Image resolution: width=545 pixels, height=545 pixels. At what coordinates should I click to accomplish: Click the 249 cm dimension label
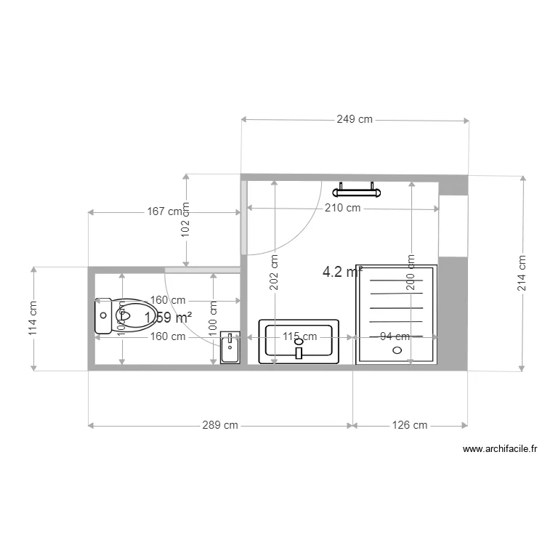tap(354, 119)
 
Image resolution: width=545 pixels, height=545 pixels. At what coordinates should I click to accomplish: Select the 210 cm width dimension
tap(343, 209)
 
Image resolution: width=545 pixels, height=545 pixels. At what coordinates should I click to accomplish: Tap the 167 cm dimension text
tap(163, 212)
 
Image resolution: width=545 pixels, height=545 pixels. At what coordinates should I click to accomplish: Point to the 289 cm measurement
tap(220, 425)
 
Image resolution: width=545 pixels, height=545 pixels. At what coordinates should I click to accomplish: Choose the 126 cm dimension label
tap(409, 425)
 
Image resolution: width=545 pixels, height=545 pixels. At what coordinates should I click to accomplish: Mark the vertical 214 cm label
tap(522, 272)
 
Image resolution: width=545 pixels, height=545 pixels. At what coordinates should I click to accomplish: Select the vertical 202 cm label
tap(274, 272)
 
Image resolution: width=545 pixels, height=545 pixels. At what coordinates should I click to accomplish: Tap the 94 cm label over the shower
tap(395, 336)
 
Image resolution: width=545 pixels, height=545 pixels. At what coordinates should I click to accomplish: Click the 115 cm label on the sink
tap(300, 336)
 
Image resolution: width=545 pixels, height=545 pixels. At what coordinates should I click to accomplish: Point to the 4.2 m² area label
tap(342, 272)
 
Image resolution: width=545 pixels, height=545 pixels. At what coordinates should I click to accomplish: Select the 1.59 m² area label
tap(168, 318)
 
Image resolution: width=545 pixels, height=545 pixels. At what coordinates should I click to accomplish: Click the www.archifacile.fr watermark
tap(500, 450)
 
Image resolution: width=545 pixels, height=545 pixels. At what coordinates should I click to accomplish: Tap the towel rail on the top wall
tap(357, 192)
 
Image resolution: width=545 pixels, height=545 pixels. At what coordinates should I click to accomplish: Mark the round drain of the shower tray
tap(397, 350)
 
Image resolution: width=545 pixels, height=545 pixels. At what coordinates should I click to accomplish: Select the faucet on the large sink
tap(299, 352)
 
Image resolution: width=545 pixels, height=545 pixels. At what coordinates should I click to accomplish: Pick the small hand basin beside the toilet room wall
tap(230, 349)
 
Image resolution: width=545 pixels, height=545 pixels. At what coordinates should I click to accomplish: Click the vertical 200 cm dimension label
tap(411, 272)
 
